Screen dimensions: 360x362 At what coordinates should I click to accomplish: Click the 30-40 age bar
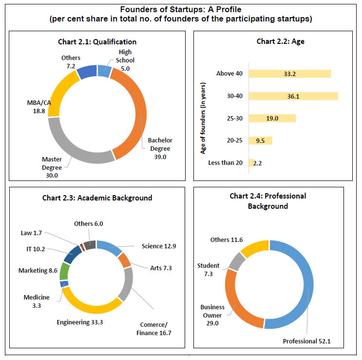click(293, 96)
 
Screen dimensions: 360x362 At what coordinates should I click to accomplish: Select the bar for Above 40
click(289, 74)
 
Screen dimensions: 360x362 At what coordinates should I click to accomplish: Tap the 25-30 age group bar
click(272, 118)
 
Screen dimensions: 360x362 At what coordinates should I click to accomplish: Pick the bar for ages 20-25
click(260, 140)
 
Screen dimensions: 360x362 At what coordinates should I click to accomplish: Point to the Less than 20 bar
click(251, 163)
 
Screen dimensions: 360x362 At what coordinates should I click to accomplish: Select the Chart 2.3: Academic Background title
click(97, 198)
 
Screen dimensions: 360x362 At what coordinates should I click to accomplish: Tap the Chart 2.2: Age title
click(272, 42)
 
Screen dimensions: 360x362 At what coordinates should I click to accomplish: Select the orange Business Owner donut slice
click(234, 299)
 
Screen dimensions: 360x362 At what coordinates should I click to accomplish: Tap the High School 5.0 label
click(125, 60)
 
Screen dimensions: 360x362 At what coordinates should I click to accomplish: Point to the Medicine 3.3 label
click(36, 301)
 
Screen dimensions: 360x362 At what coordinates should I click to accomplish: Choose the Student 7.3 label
click(208, 269)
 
